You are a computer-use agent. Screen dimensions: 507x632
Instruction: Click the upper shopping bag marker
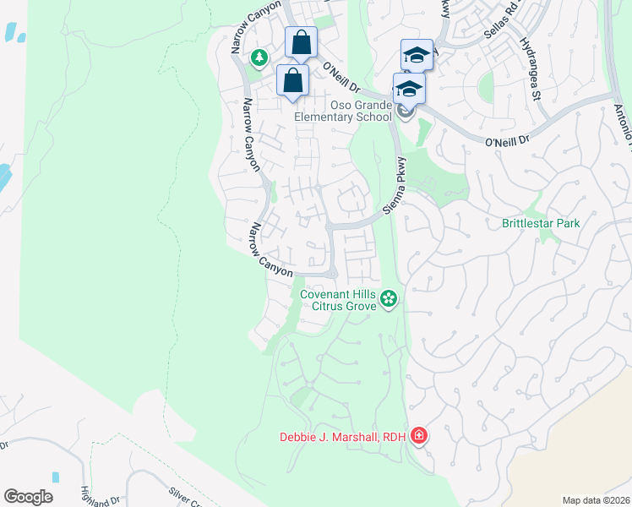coord(300,42)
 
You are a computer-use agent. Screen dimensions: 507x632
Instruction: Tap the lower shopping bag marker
coord(292,83)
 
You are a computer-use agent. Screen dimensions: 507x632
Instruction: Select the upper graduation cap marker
coord(417,55)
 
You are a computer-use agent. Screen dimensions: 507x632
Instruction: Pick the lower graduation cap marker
coord(409,88)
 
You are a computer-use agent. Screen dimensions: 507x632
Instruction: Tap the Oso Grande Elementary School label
coord(343,111)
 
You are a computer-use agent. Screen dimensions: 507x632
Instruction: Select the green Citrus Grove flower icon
coord(388,297)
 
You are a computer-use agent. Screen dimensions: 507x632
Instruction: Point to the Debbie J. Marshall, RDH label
coord(342,437)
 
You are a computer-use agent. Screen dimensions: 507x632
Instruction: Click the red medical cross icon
coord(418,436)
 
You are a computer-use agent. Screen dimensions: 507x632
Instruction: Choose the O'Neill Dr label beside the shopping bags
coord(341,77)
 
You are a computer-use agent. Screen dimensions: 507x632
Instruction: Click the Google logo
coord(28,497)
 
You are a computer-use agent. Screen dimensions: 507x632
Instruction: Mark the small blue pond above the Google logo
coord(56,477)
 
